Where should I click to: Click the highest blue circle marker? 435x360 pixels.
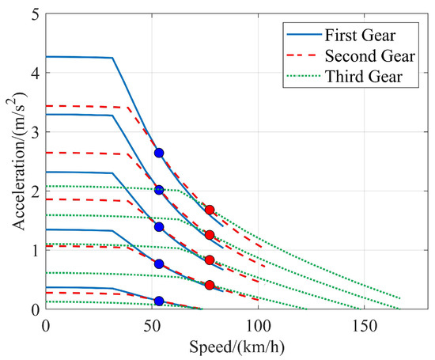(159, 153)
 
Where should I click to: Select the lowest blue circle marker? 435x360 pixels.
(159, 301)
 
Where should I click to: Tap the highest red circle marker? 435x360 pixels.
(210, 210)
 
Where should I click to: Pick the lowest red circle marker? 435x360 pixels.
(210, 285)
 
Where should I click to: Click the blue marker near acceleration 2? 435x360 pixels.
(159, 190)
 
